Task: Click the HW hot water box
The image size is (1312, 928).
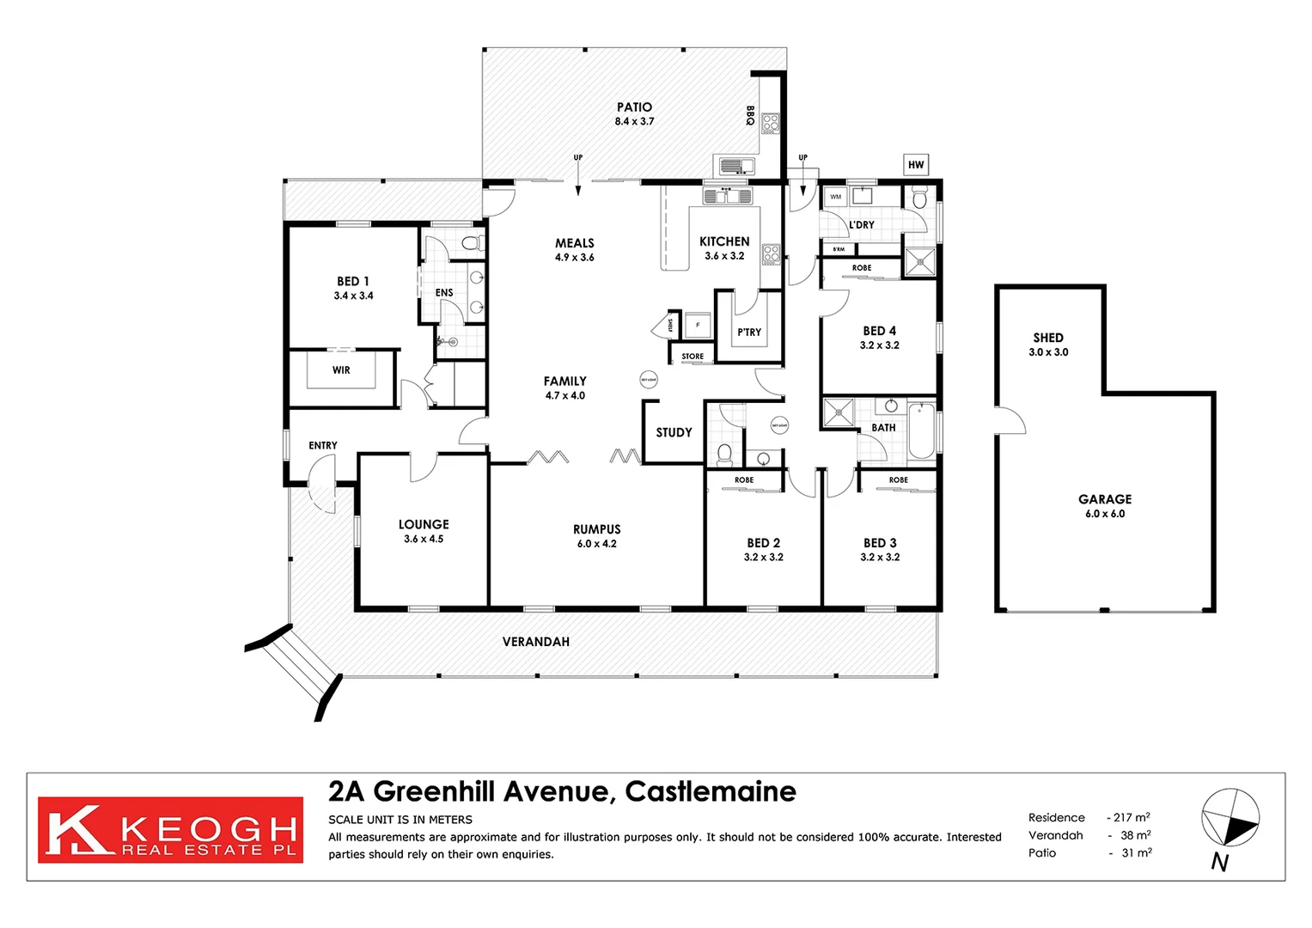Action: point(916,165)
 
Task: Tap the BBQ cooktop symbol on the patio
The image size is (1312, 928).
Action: point(770,123)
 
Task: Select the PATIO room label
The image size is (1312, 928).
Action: point(634,107)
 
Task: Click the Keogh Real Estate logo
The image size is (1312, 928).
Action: point(170,830)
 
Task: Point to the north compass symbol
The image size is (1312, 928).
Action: point(1230,817)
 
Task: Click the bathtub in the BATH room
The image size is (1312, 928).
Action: point(920,431)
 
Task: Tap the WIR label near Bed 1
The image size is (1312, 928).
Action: point(341,370)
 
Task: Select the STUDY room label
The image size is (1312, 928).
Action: point(674,432)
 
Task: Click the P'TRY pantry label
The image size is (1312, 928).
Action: point(749,333)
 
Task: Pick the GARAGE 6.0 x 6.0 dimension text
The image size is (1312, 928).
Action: point(1105,514)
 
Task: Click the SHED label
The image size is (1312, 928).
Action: point(1048,338)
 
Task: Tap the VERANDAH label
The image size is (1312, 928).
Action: point(535,642)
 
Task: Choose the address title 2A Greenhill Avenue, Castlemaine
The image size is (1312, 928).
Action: point(562,791)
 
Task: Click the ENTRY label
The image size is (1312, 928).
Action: point(323,445)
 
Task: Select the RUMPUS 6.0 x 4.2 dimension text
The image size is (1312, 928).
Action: point(596,544)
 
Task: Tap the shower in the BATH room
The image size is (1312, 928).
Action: point(839,413)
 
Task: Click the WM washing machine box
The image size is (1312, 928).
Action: point(835,197)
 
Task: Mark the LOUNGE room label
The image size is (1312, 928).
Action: point(424,524)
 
